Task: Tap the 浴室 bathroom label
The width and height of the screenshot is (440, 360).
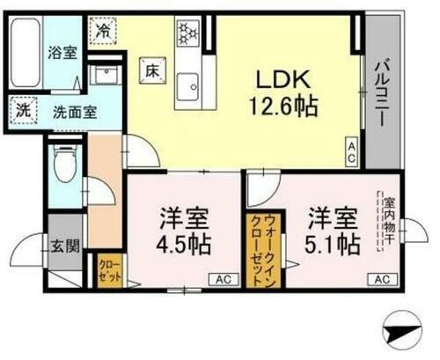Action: pos(61,52)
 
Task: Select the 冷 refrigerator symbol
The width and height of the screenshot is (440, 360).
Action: pos(105,28)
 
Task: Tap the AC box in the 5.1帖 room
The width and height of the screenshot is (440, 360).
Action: pos(381,279)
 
